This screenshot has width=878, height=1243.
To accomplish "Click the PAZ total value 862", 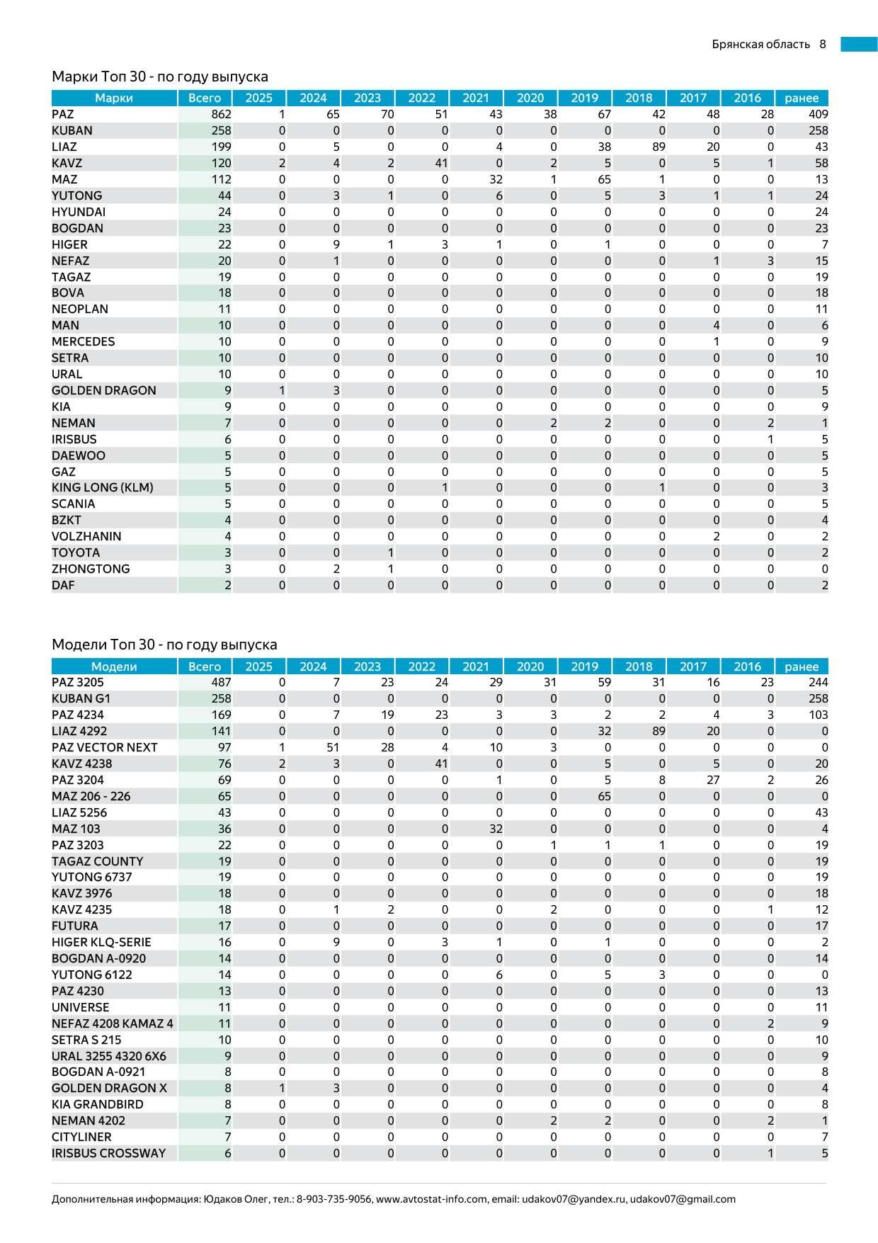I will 221,114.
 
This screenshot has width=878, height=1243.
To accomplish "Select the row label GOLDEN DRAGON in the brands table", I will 103,390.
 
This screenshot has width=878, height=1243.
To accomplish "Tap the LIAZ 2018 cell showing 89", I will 658,147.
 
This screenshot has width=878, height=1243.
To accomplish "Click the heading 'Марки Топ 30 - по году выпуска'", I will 160,76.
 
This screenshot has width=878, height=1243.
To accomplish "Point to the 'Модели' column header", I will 114,666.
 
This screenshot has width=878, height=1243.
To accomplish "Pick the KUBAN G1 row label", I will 81,698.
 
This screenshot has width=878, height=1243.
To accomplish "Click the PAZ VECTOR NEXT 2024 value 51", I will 333,747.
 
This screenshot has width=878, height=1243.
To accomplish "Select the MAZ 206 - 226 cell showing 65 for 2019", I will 604,796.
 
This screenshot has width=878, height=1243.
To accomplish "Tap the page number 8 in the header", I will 823,44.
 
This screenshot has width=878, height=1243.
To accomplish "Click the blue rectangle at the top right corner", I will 859,44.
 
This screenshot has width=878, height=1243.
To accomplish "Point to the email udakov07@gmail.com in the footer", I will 683,1199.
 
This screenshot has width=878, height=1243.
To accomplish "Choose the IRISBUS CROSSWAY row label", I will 108,1153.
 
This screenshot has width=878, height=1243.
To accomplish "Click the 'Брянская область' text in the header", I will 760,44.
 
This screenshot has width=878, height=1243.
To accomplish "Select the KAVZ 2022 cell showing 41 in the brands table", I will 441,163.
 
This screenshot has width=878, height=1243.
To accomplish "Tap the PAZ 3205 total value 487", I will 221,682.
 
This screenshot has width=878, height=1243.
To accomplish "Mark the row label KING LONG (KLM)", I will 102,487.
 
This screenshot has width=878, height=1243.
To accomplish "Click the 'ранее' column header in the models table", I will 802,666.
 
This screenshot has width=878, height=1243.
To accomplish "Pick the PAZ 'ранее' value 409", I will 818,114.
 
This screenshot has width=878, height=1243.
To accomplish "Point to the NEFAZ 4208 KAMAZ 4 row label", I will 112,1023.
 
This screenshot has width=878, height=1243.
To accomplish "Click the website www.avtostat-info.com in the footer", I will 431,1199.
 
